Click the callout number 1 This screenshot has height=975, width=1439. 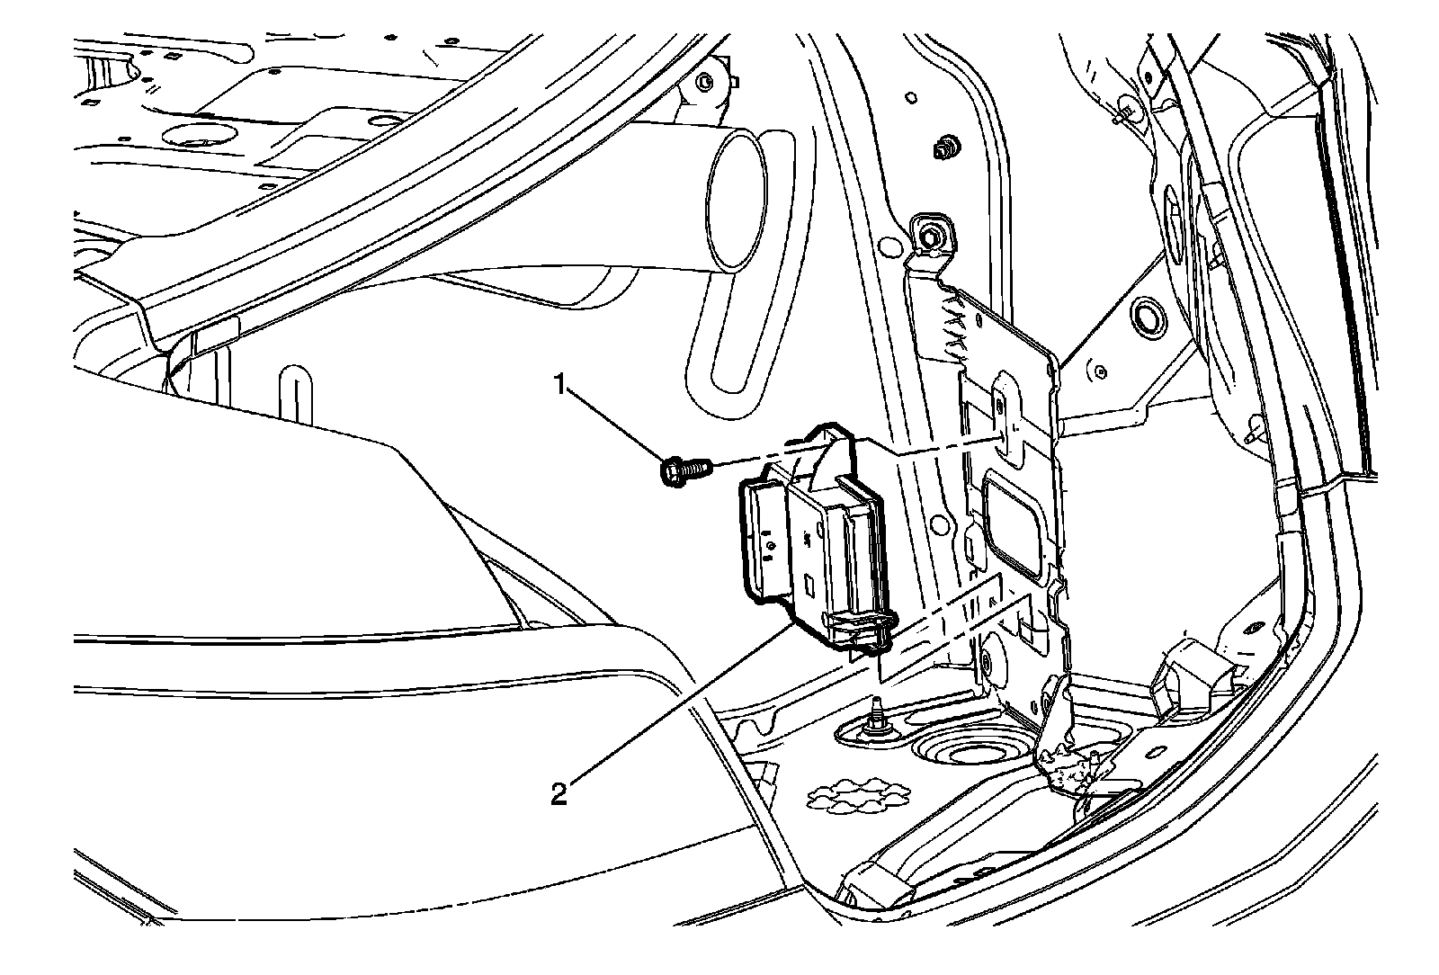point(559,387)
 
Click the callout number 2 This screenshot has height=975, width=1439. point(559,794)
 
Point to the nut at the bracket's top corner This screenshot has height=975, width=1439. point(927,237)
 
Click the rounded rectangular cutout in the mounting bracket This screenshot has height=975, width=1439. point(1012,522)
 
